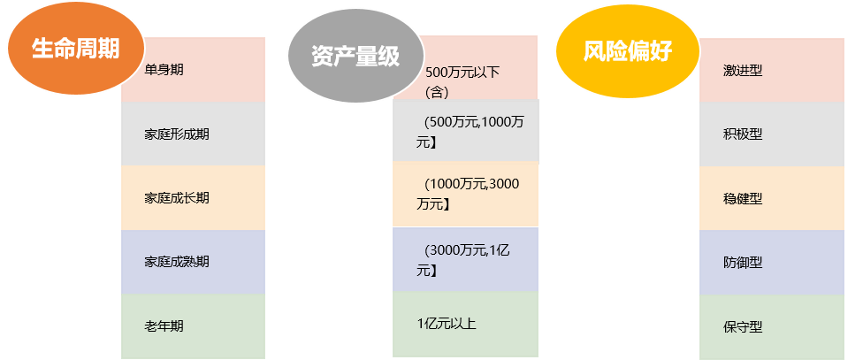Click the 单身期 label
click(164, 69)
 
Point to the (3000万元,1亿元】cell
click(465, 259)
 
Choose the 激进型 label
click(743, 70)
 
